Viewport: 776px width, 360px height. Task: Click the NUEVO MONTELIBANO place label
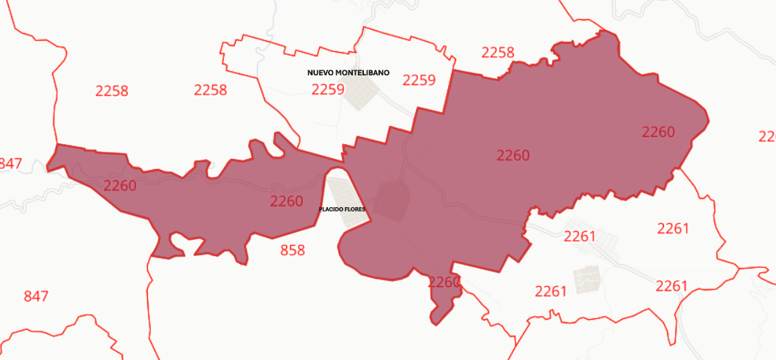pyautogui.click(x=348, y=73)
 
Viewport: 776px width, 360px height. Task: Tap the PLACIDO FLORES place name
pyautogui.click(x=342, y=209)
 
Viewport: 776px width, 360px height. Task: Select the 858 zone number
pyautogui.click(x=292, y=250)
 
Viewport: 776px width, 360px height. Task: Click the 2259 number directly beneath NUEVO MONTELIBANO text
pyautogui.click(x=327, y=89)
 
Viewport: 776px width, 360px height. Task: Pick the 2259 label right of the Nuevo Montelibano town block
pyautogui.click(x=419, y=80)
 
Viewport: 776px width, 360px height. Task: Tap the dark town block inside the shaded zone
pyautogui.click(x=392, y=200)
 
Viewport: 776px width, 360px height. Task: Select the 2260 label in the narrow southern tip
pyautogui.click(x=444, y=282)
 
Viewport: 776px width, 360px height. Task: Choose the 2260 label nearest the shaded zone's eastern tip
pyautogui.click(x=658, y=132)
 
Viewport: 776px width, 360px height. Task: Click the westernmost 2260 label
pyautogui.click(x=120, y=186)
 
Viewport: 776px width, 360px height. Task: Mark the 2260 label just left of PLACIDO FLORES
pyautogui.click(x=286, y=201)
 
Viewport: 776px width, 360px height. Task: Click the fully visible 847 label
pyautogui.click(x=36, y=296)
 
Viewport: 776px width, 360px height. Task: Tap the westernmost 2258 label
pyautogui.click(x=112, y=91)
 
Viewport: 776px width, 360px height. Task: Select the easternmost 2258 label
pyautogui.click(x=498, y=53)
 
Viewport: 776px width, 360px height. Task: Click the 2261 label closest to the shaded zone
pyautogui.click(x=580, y=236)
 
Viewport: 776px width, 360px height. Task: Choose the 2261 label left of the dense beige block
pyautogui.click(x=551, y=291)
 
